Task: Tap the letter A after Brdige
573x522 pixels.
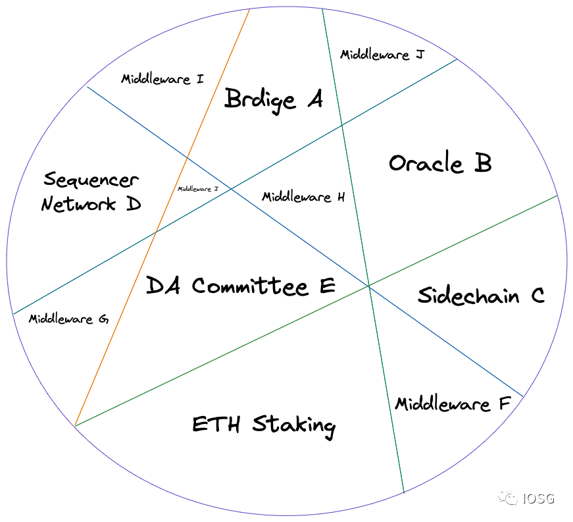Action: [313, 100]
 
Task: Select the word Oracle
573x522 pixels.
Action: [417, 163]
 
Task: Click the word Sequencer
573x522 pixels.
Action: [91, 180]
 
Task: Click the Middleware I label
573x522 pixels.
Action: [162, 79]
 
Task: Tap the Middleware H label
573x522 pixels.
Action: [303, 197]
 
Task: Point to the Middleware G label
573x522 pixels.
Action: [68, 319]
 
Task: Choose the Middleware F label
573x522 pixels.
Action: [453, 404]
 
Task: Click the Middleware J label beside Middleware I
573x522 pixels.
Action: [382, 55]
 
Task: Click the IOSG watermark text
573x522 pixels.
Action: [539, 498]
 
